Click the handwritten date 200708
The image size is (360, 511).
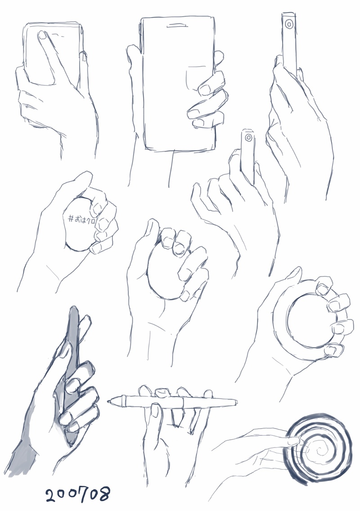coord(77,494)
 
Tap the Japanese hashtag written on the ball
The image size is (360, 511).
coord(81,219)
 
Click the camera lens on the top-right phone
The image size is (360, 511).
coord(288,24)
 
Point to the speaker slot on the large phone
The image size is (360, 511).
coord(177,25)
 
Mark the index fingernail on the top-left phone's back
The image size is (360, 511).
coord(43,35)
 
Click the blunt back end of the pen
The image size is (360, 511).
coord(236,402)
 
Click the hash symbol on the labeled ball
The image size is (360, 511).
coord(71,219)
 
